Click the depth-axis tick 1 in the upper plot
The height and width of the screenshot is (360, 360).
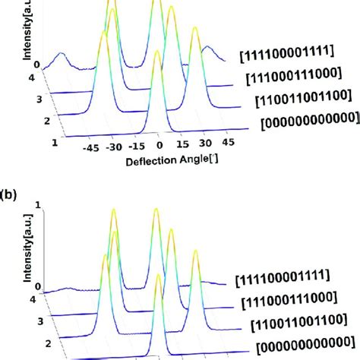pyautogui.click(x=54, y=142)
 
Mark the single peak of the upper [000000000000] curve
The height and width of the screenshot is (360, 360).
pyautogui.click(x=156, y=52)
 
